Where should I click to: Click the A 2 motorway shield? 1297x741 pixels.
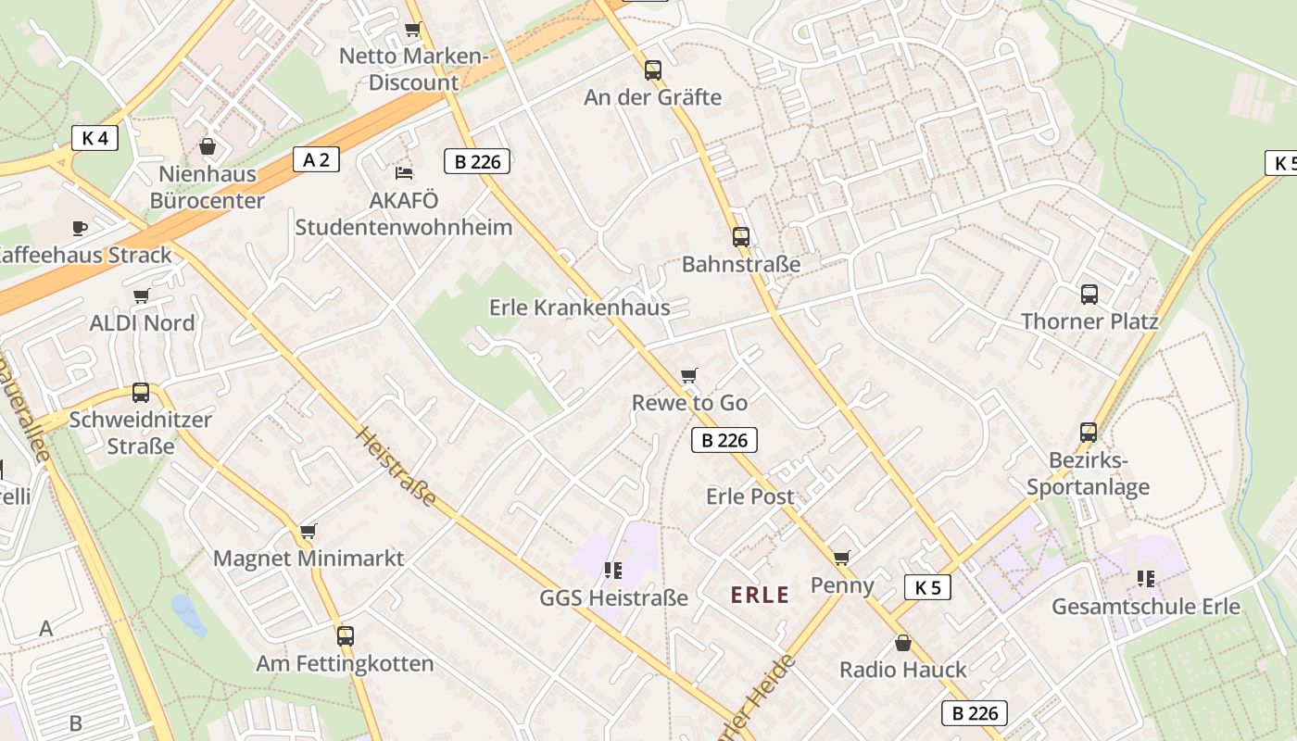(x=316, y=159)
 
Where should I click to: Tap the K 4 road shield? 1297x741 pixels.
(x=94, y=138)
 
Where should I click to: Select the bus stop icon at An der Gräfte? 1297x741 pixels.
(x=653, y=69)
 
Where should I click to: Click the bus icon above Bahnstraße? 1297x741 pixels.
(x=740, y=236)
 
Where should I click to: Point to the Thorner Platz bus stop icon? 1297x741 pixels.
(x=1089, y=295)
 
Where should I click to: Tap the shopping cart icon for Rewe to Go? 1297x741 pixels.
(x=688, y=375)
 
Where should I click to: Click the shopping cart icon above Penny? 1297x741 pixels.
(x=841, y=558)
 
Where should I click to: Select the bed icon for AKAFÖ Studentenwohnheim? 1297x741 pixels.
(x=403, y=172)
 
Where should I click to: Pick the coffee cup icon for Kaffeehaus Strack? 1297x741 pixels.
(x=80, y=227)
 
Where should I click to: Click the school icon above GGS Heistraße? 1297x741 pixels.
(x=612, y=570)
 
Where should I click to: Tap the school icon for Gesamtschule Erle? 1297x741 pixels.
(x=1145, y=579)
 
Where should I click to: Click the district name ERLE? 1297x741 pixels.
(x=760, y=595)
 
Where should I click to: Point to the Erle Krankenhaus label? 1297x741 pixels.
(x=579, y=308)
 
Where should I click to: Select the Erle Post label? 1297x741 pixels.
(x=749, y=496)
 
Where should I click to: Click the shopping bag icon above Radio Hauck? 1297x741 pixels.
(x=902, y=642)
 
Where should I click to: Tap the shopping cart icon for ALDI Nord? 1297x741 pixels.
(x=141, y=296)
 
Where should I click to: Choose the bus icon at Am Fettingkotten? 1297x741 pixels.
(x=346, y=636)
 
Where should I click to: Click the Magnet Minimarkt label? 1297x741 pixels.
(x=309, y=559)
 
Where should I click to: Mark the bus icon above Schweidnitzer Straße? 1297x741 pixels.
(x=141, y=392)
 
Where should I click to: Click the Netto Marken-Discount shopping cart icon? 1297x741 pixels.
(x=413, y=30)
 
